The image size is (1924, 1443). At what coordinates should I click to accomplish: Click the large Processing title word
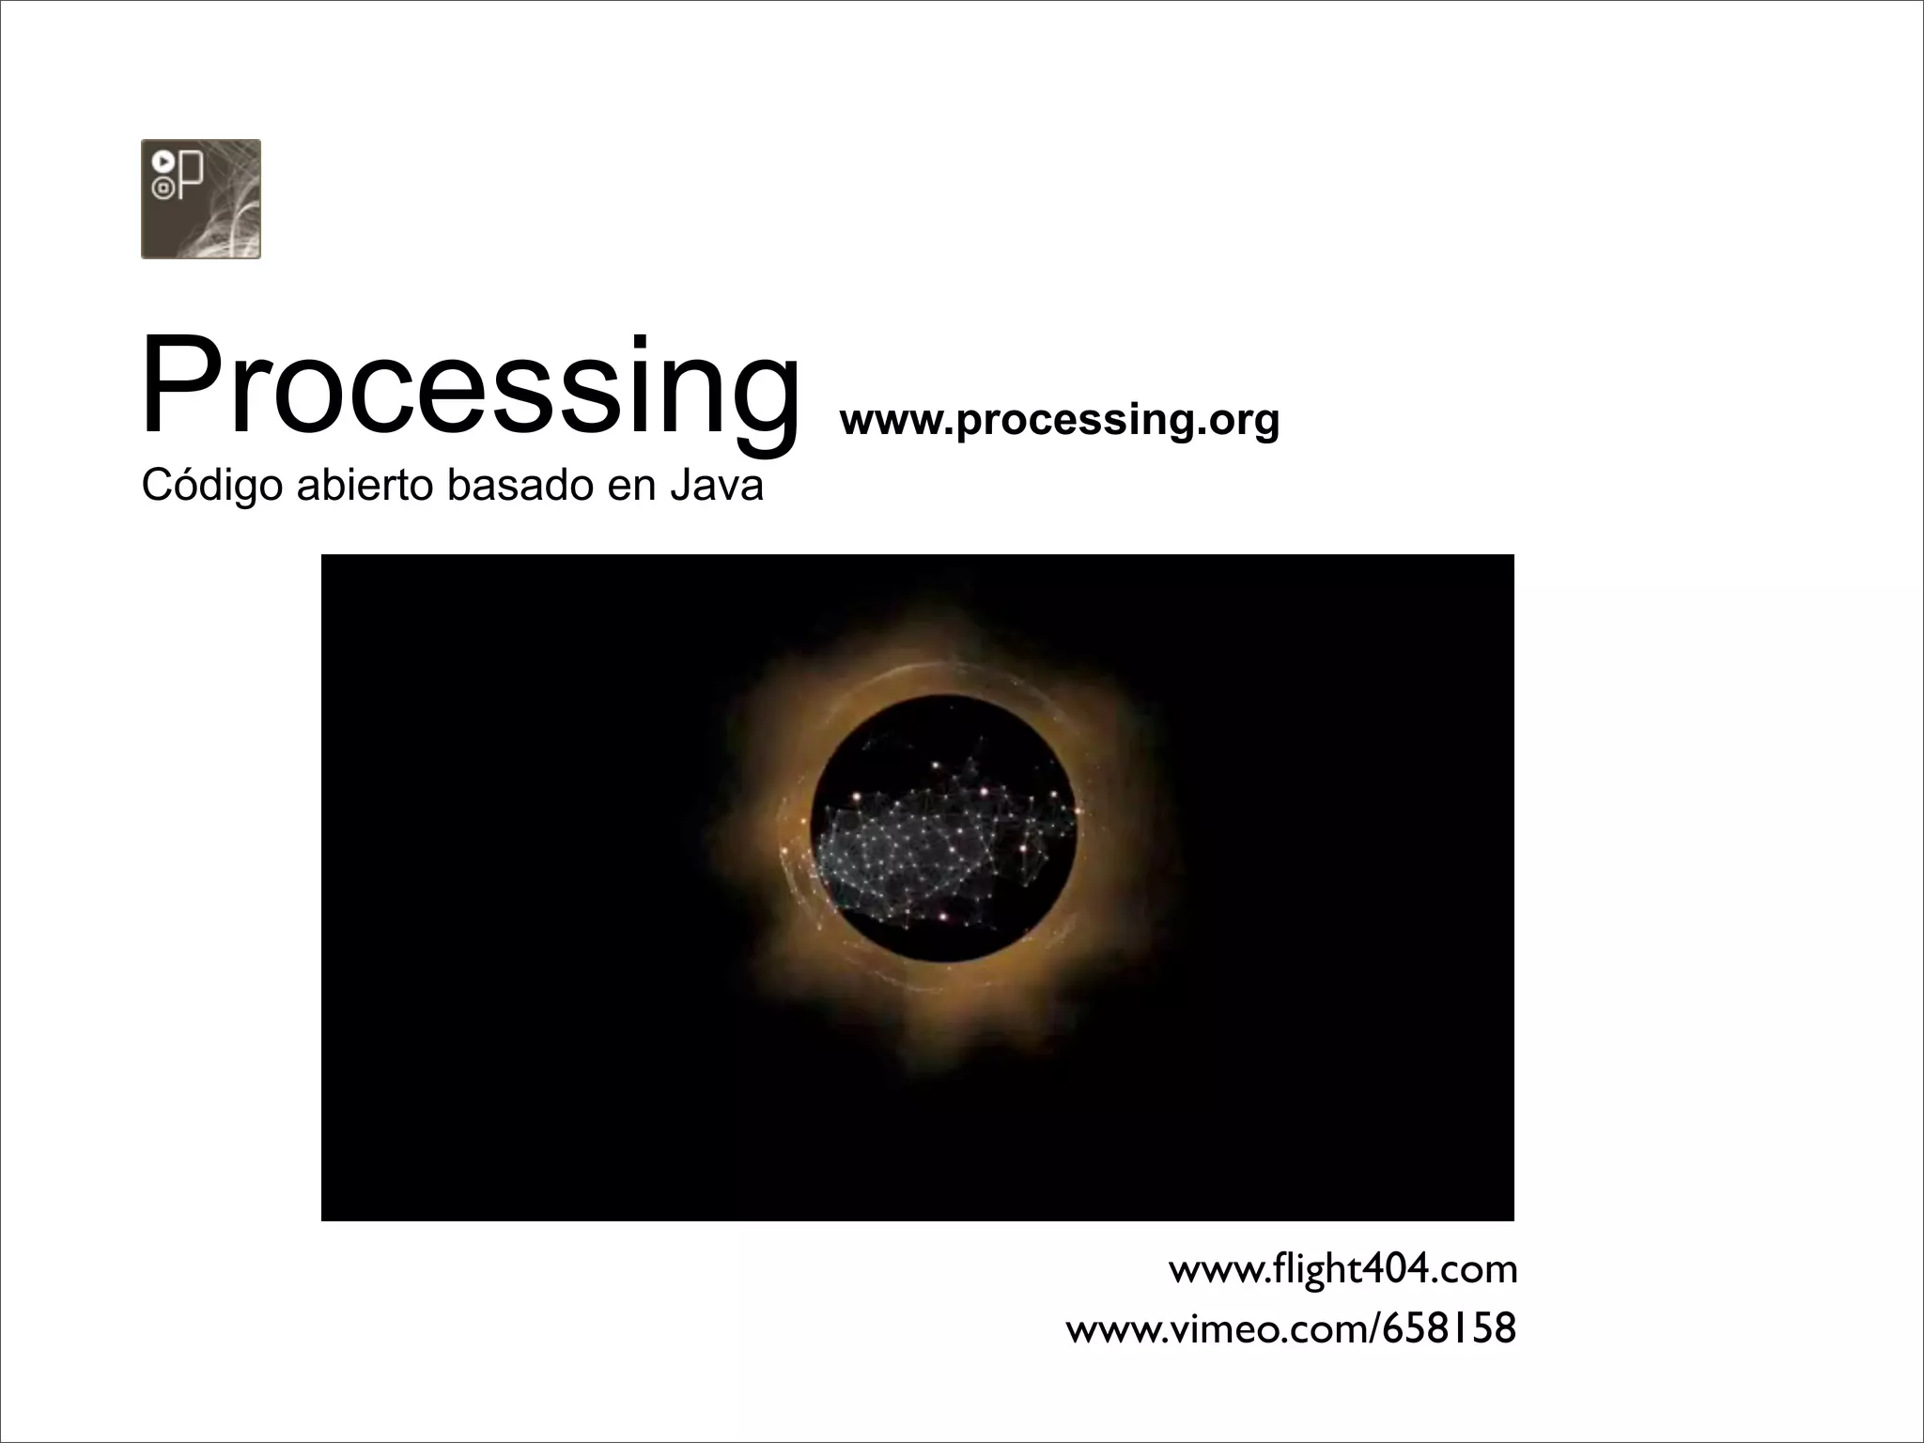[x=470, y=387]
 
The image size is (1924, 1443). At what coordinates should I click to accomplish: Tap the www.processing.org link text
[x=1059, y=419]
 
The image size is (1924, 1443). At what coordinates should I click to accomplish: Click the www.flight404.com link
[x=1342, y=1269]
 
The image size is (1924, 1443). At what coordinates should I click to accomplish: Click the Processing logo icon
[x=200, y=198]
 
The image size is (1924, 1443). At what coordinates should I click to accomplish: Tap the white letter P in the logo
[x=191, y=176]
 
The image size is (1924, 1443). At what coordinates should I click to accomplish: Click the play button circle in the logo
[x=162, y=163]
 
